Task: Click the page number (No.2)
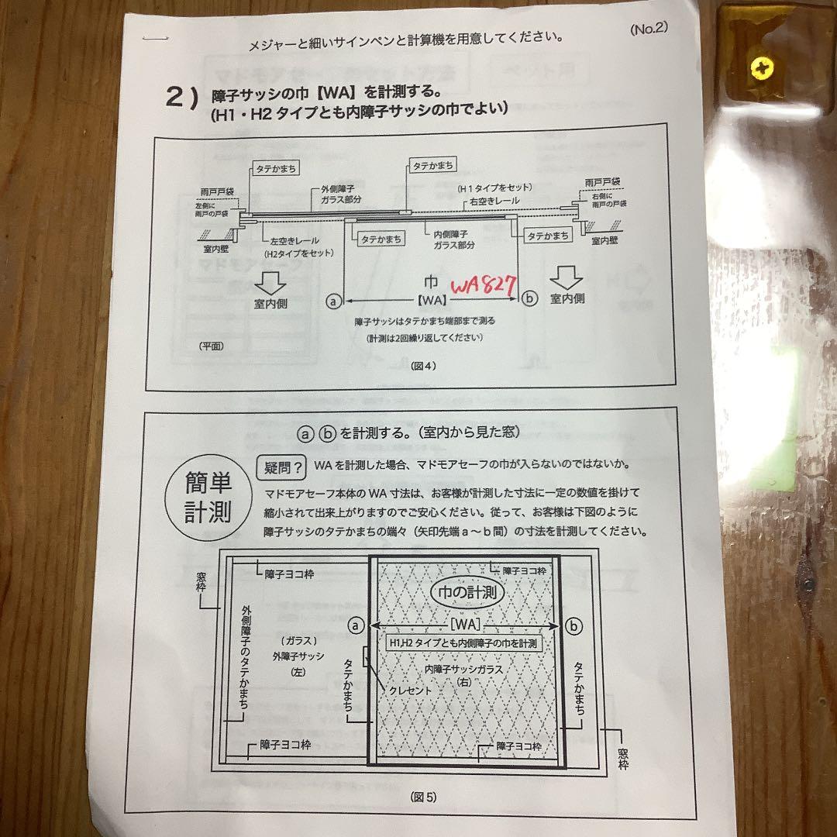pos(648,29)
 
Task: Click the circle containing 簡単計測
pos(207,500)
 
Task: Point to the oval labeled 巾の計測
pos(467,594)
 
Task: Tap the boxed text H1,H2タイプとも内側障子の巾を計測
pos(463,643)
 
